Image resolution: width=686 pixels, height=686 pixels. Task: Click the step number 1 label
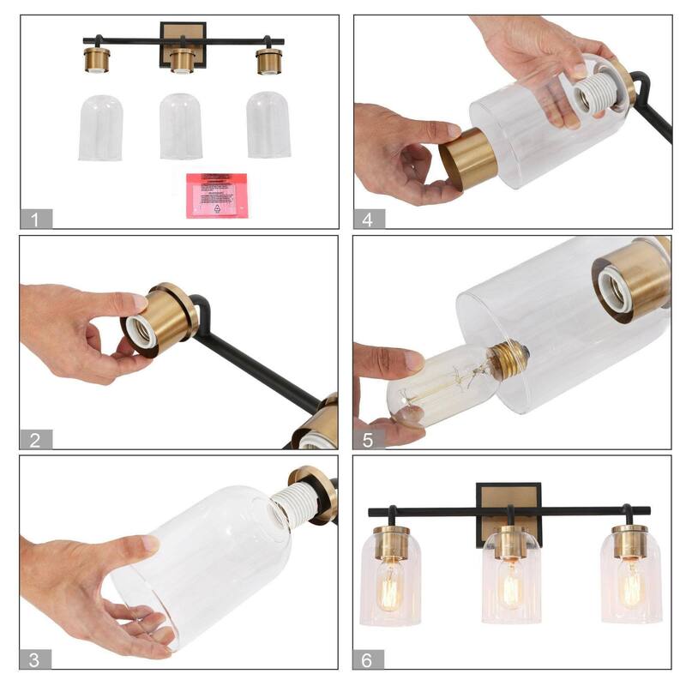coord(35,219)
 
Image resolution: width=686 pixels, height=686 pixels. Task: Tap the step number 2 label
coord(35,440)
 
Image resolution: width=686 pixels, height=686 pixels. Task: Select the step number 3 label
coord(35,659)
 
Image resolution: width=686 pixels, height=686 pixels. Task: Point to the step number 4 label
coord(368,219)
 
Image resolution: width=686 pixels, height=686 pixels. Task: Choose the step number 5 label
coord(368,440)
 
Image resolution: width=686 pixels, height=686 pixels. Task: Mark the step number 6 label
coord(368,659)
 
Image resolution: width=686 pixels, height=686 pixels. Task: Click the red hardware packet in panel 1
coord(216,195)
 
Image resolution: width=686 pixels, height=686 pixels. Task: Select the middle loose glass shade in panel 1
coord(182,126)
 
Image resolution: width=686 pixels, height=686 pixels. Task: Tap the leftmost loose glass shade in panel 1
coord(100,128)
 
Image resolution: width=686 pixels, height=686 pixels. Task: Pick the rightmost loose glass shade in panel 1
coord(268,124)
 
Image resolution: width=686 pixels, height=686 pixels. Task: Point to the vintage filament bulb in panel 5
coord(446,382)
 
